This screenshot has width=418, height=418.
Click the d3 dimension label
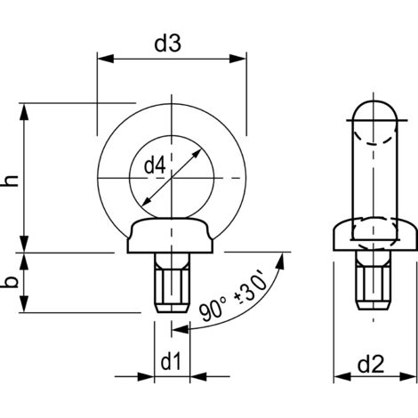pyautogui.click(x=170, y=42)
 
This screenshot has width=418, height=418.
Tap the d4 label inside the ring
pyautogui.click(x=156, y=166)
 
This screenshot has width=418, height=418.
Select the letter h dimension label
pyautogui.click(x=11, y=180)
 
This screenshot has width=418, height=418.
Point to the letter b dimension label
pyautogui.click(x=11, y=283)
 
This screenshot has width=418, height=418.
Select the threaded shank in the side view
pyautogui.click(x=374, y=285)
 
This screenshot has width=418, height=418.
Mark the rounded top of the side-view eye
pyautogui.click(x=374, y=111)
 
